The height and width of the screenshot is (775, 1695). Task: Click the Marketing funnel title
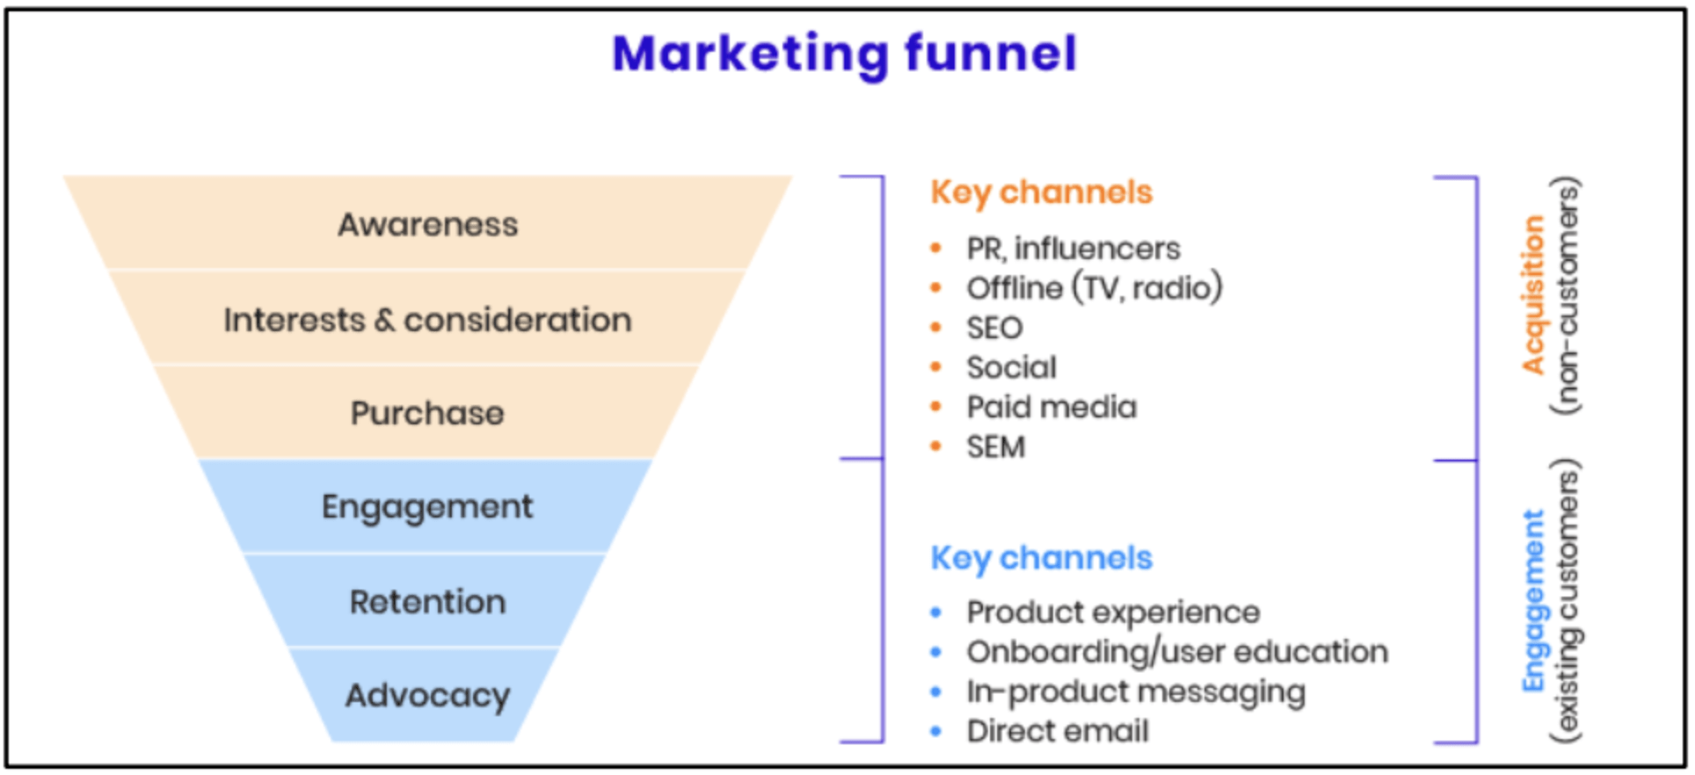844,54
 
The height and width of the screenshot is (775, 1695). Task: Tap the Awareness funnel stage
428,225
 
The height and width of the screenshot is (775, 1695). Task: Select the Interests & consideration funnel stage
428,320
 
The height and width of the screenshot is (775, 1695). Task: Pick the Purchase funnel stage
428,413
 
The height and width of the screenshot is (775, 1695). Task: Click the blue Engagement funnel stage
428,507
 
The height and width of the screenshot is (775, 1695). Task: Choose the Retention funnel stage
428,602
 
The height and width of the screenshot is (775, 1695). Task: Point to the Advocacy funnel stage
428,695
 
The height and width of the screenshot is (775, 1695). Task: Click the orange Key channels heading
1041,192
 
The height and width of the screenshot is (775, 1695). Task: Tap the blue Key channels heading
1041,558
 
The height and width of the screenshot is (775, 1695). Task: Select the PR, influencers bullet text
1073,249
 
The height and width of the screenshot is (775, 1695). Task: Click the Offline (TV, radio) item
1094,288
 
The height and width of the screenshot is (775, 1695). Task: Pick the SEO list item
994,328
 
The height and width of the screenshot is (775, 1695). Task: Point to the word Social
1011,367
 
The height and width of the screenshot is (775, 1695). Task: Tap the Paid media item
1051,407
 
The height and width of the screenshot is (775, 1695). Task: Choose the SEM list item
995,447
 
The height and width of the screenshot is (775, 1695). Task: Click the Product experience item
1113,612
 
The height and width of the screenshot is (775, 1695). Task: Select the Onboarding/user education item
1177,652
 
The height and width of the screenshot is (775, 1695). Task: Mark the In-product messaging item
1136,692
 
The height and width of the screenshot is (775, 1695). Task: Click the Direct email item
1058,731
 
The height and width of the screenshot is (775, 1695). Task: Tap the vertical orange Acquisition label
1533,295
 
